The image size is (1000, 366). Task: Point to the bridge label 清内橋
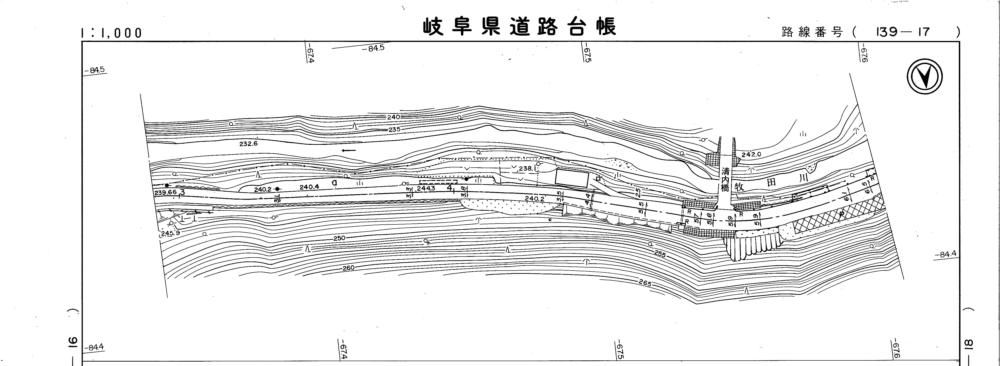[725, 180]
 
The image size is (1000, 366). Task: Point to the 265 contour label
[644, 283]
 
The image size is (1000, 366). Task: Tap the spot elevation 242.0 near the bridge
[751, 154]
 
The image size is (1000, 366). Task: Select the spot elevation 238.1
[527, 169]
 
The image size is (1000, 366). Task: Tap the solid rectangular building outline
[572, 178]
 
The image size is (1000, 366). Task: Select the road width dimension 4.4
[587, 199]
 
